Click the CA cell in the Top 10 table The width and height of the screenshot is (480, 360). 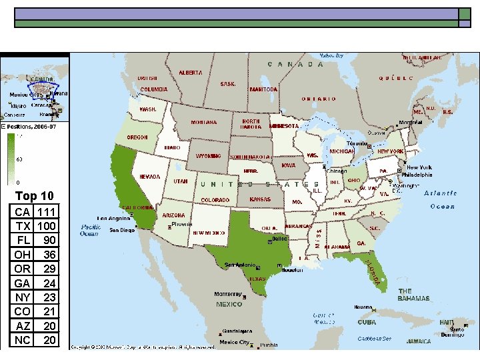(23, 212)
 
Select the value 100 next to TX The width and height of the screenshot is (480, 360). (47, 226)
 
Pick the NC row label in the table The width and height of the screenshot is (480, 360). (23, 340)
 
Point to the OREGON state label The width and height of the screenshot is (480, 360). (138, 137)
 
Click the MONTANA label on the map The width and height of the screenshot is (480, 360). (203, 123)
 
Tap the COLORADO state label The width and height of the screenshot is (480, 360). (215, 200)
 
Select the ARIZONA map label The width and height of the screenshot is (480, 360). (174, 215)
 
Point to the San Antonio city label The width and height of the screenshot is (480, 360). (239, 264)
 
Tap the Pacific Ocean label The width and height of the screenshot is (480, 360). (90, 230)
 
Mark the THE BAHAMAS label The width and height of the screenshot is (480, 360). (413, 295)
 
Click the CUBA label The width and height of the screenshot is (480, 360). (367, 322)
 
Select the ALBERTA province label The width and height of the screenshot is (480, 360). (191, 73)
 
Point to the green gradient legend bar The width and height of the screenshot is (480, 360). (11, 159)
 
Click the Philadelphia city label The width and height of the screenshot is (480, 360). (417, 175)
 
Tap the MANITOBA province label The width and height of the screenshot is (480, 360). (263, 89)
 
